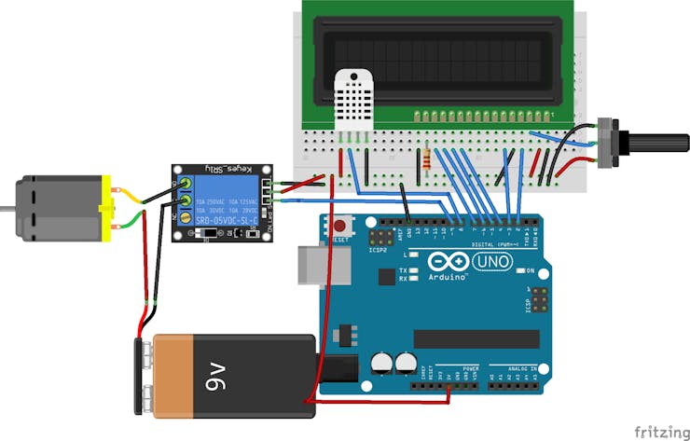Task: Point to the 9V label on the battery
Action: coord(217,378)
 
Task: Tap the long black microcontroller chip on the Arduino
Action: coord(476,339)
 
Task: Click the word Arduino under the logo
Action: coord(448,278)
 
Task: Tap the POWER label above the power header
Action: coord(471,369)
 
